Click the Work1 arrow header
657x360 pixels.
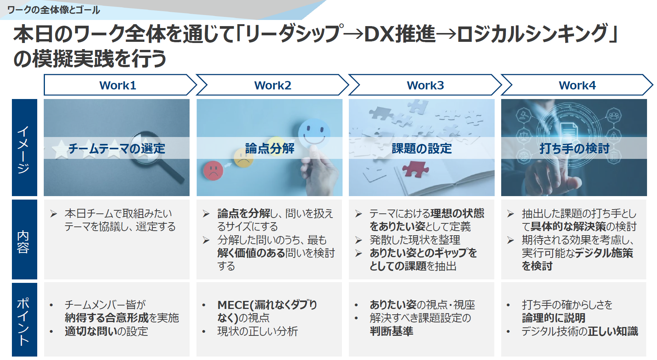[118, 85]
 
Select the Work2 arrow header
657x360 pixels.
[272, 85]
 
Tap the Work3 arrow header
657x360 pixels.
[425, 85]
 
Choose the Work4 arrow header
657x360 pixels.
[577, 85]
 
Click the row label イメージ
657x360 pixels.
[24, 148]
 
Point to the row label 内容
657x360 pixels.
[24, 240]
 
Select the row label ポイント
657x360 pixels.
[24, 320]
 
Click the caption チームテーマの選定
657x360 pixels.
[117, 148]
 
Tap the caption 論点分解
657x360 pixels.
[269, 148]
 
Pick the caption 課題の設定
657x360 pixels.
[422, 148]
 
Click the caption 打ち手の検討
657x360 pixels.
[574, 148]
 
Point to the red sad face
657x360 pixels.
[213, 170]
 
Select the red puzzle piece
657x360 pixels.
[415, 168]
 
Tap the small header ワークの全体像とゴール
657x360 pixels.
[53, 10]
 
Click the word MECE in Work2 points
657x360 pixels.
[233, 305]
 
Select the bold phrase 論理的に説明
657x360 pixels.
[553, 318]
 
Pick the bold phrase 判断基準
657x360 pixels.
[391, 331]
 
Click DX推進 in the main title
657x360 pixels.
[399, 34]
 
